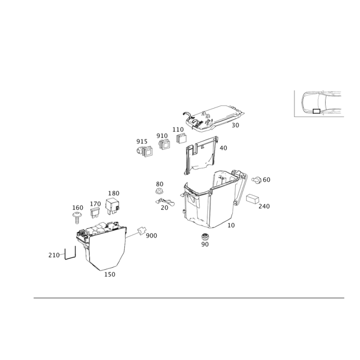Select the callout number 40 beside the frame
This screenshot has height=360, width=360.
tap(224, 148)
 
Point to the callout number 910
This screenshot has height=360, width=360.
tap(162, 135)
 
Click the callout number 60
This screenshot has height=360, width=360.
tap(265, 180)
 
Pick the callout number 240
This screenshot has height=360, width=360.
tap(263, 206)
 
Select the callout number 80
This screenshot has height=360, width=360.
tap(159, 184)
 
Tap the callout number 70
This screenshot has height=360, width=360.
tap(164, 207)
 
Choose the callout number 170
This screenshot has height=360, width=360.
tap(95, 203)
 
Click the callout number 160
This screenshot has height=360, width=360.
tap(78, 207)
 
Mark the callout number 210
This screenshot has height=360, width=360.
tap(54, 255)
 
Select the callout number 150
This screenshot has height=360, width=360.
tap(110, 274)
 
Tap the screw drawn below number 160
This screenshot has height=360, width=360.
tap(77, 218)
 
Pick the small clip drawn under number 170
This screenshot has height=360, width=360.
tap(95, 212)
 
